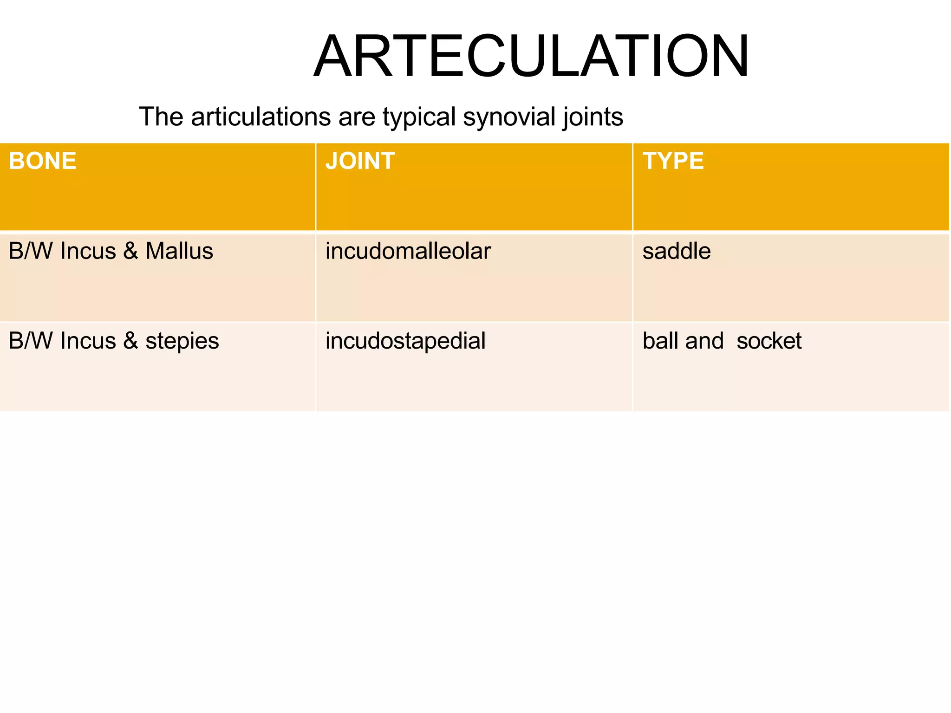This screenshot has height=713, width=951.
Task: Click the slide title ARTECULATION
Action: coord(531,57)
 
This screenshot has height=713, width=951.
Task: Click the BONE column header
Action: coord(42,161)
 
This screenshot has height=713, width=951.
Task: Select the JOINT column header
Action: coord(360,161)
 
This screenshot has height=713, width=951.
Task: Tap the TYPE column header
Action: coord(673,161)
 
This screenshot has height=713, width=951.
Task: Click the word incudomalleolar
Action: coord(408,251)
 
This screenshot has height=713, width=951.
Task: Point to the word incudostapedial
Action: coord(405,341)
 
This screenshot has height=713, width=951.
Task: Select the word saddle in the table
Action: coord(676,251)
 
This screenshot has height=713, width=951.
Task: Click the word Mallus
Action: coord(179,251)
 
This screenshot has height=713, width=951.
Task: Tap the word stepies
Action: coord(182,342)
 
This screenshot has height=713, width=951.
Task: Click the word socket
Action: coord(769,341)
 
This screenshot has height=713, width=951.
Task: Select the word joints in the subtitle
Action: coord(593,117)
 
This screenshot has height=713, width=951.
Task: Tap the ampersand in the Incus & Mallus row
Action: coord(130,251)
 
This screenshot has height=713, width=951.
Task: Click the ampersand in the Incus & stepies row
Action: coord(130,341)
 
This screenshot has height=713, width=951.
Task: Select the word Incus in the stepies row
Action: coord(88,341)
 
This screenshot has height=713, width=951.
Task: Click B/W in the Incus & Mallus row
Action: coord(30,251)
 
